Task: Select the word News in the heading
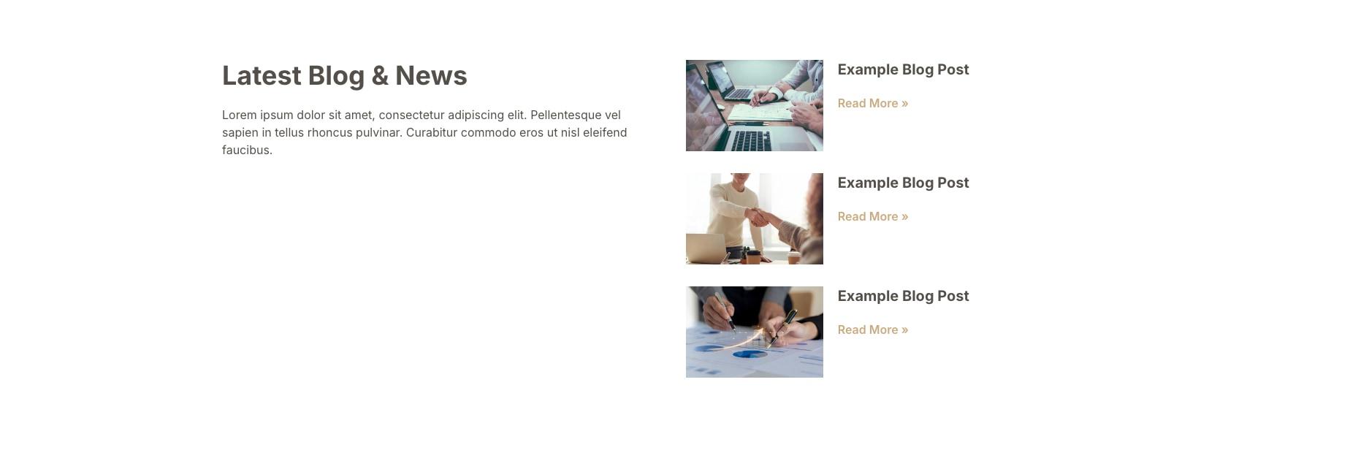431,76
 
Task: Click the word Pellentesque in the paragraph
576,115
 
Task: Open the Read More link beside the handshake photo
873,216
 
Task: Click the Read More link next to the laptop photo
873,103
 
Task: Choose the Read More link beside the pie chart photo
873,329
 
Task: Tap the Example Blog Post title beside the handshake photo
903,183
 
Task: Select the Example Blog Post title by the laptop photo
903,69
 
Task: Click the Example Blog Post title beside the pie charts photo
903,296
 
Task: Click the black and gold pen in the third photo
782,327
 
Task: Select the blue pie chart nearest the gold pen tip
750,354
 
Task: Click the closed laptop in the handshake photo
705,248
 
